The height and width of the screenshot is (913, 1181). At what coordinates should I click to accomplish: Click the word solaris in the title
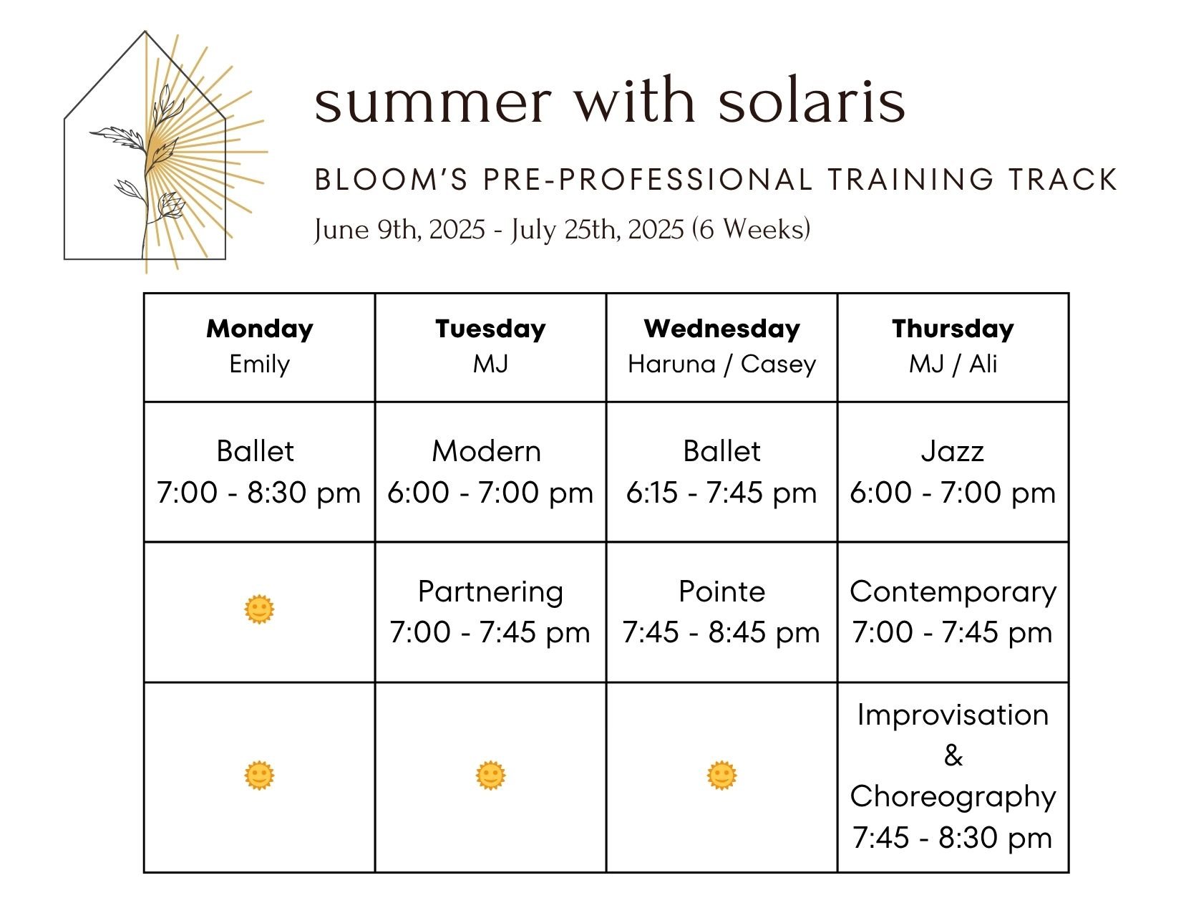[812, 102]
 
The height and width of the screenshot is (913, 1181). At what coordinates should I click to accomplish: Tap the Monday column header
[260, 329]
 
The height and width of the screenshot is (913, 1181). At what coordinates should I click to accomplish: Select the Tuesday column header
[490, 329]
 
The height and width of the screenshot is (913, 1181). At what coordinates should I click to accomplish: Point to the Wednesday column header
[721, 329]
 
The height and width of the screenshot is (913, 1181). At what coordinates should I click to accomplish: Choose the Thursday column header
[953, 329]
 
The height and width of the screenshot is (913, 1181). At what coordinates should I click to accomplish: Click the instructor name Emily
[260, 364]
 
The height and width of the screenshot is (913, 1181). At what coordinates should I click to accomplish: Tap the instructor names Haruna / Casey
[721, 364]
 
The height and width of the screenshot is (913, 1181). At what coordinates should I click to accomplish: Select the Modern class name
[487, 451]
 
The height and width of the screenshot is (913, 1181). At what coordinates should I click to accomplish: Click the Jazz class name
[953, 451]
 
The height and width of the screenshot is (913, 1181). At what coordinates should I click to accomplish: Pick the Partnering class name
[490, 591]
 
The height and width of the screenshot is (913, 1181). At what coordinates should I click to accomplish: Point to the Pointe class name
[721, 591]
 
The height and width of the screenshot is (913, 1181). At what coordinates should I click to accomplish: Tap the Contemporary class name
[953, 591]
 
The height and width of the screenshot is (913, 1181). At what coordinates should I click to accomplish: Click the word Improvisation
[953, 715]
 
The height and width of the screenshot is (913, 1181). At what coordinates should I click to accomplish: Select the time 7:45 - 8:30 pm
[953, 837]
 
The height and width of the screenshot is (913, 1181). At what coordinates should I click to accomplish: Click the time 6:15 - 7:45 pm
[721, 493]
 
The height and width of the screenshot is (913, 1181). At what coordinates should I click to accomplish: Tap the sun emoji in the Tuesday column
[490, 776]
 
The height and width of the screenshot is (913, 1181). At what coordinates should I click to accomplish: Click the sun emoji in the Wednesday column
[721, 776]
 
